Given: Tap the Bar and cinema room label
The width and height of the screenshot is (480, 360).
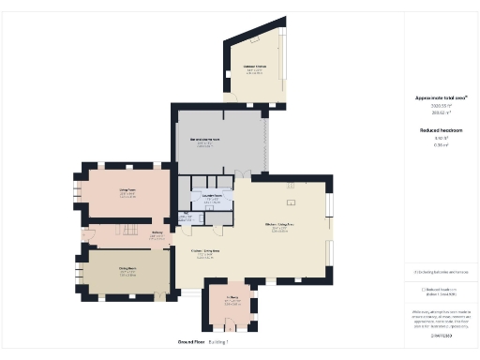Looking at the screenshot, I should (x=205, y=140).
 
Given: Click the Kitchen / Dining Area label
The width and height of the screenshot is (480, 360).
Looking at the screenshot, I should (x=204, y=251).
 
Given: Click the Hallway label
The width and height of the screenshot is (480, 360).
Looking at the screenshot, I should (x=157, y=232).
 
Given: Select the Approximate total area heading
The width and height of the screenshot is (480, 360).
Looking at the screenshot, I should (x=441, y=97).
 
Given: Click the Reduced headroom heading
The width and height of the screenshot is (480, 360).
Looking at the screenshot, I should (x=441, y=130).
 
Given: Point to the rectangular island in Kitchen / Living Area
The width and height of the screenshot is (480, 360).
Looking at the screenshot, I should (x=291, y=202).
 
